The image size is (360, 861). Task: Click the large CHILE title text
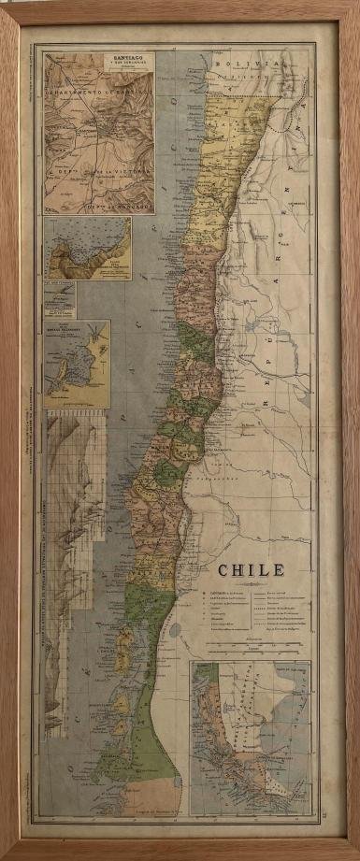[252, 569]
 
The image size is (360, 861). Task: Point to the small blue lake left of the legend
[176, 629]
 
